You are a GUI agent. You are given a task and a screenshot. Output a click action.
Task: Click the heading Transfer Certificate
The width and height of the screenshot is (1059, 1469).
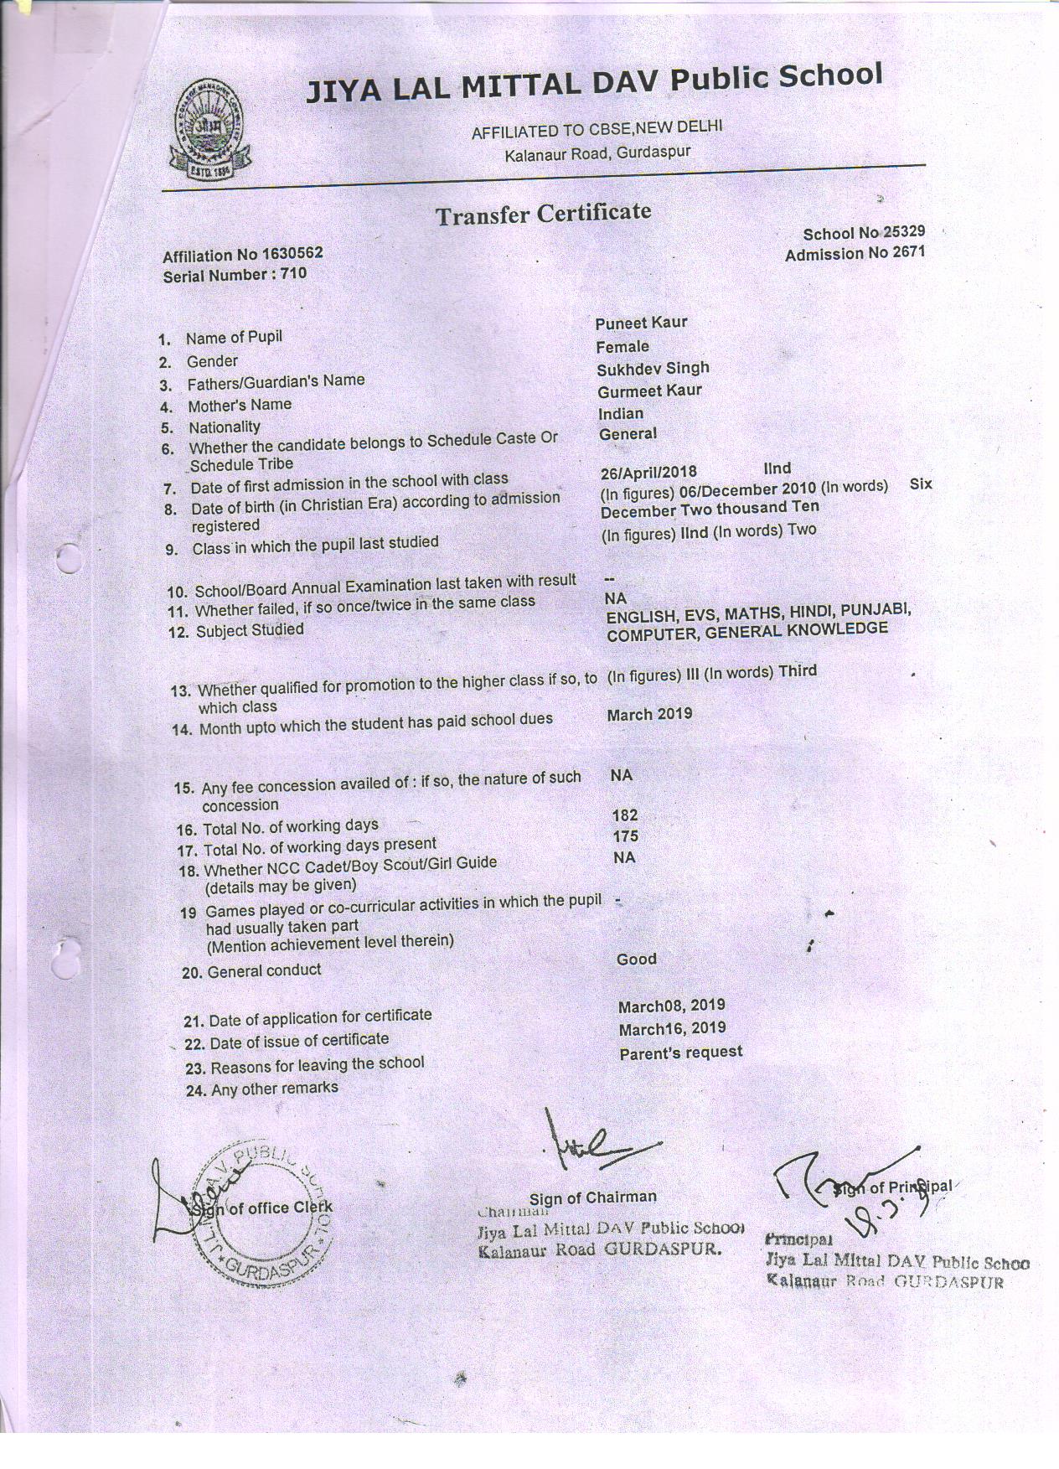point(542,215)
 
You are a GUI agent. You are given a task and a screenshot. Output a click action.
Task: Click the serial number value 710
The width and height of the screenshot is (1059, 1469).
point(294,273)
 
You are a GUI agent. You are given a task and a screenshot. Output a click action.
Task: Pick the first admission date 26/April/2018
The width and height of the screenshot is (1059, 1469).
point(648,472)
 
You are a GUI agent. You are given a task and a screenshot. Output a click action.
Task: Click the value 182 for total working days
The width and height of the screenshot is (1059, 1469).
point(625,815)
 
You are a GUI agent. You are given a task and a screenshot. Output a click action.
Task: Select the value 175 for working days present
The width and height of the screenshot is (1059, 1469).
point(625,836)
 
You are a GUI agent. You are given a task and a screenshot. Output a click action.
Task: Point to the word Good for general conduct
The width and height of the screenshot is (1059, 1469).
point(636,959)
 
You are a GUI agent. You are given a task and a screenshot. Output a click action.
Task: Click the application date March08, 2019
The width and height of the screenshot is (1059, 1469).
point(671,1005)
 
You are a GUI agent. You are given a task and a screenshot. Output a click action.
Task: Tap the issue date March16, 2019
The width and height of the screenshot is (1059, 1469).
point(672,1028)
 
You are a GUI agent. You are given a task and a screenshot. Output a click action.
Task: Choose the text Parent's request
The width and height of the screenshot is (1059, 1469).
point(680,1052)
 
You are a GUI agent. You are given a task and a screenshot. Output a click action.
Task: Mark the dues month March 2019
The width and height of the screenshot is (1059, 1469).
point(649,714)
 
